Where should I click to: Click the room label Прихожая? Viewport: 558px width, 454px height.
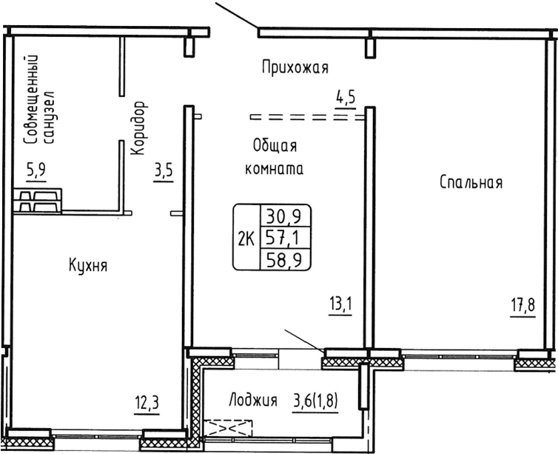point(294,69)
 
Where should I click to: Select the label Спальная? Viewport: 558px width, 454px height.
point(471,182)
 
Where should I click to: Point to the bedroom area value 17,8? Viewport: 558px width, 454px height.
point(521,304)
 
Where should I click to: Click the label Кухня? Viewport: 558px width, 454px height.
point(88,265)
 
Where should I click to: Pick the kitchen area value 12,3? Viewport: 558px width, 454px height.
point(147,405)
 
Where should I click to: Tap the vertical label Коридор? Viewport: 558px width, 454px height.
point(138,128)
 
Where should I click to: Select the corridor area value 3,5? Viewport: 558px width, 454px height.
point(164,171)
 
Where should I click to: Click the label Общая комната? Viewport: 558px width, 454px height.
point(275,156)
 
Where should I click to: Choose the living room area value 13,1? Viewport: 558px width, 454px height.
point(340,304)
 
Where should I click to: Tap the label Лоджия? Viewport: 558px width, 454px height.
point(253,401)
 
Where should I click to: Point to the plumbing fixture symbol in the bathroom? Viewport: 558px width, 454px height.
point(37,200)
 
